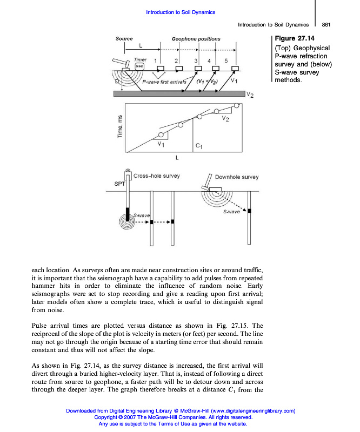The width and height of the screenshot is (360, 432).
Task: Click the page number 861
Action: pyautogui.click(x=326, y=24)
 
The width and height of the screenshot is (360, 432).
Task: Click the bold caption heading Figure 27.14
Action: pyautogui.click(x=294, y=39)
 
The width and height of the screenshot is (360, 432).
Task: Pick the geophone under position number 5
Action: pyautogui.click(x=235, y=68)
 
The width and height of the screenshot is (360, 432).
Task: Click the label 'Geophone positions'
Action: pyautogui.click(x=196, y=39)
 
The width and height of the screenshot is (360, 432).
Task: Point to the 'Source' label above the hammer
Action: pyautogui.click(x=124, y=39)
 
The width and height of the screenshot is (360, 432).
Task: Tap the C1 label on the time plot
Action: pyautogui.click(x=198, y=146)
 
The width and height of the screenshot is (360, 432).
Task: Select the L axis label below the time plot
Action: pyautogui.click(x=177, y=158)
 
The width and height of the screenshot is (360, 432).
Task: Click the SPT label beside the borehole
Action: pyautogui.click(x=120, y=185)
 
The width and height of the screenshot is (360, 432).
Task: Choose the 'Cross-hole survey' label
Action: pyautogui.click(x=157, y=176)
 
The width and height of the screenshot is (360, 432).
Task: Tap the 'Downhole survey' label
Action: pyautogui.click(x=237, y=177)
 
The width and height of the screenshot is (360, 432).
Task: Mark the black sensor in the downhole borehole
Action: pyautogui.click(x=249, y=210)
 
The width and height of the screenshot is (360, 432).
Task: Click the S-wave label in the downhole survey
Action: pyautogui.click(x=231, y=212)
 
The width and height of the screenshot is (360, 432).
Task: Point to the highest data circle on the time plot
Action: pyautogui.click(x=217, y=111)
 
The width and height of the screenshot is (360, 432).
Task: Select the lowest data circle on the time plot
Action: pyautogui.click(x=160, y=135)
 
